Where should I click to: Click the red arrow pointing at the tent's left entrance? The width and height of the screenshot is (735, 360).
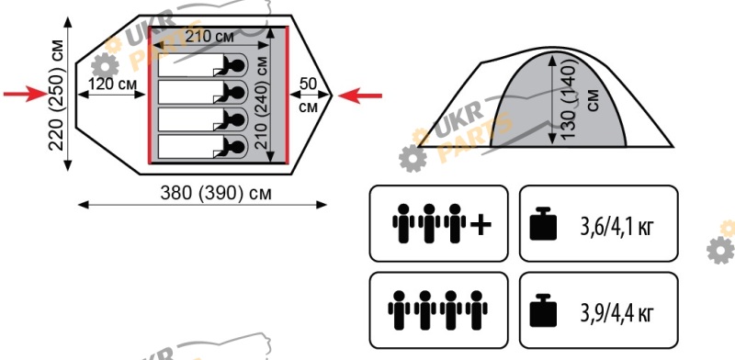[x=26, y=95]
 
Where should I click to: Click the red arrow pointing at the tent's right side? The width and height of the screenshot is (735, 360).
[x=360, y=96]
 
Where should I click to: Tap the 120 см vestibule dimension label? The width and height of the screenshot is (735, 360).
[x=112, y=84]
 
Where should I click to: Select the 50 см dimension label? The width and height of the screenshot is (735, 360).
[x=308, y=96]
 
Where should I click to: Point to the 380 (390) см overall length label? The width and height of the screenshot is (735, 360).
[x=216, y=193]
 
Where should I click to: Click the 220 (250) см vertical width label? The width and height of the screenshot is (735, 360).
[x=57, y=95]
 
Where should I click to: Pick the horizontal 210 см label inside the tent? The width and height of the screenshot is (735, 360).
[x=209, y=37]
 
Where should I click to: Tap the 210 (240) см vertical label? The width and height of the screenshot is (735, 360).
[x=263, y=103]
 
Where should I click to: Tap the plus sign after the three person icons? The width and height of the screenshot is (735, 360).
[x=481, y=224]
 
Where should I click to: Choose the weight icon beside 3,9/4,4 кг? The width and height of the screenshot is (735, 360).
[x=543, y=310]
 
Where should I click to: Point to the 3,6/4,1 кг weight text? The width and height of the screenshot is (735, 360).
[x=616, y=228]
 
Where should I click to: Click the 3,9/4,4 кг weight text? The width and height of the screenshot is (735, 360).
[x=616, y=313]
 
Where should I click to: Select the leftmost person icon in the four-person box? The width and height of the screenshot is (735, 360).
[x=400, y=310]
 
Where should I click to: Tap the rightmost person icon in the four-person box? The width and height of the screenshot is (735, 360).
[x=476, y=310]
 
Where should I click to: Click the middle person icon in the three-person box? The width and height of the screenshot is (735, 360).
[x=429, y=223]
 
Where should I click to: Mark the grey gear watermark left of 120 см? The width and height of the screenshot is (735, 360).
[x=105, y=65]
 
